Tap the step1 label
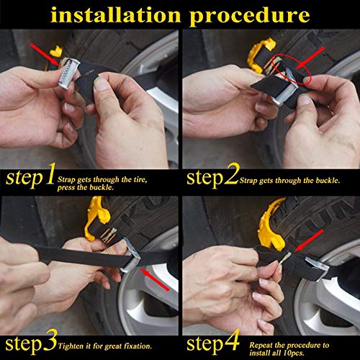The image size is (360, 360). coord(30,176)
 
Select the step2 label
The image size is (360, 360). coord(210,176)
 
